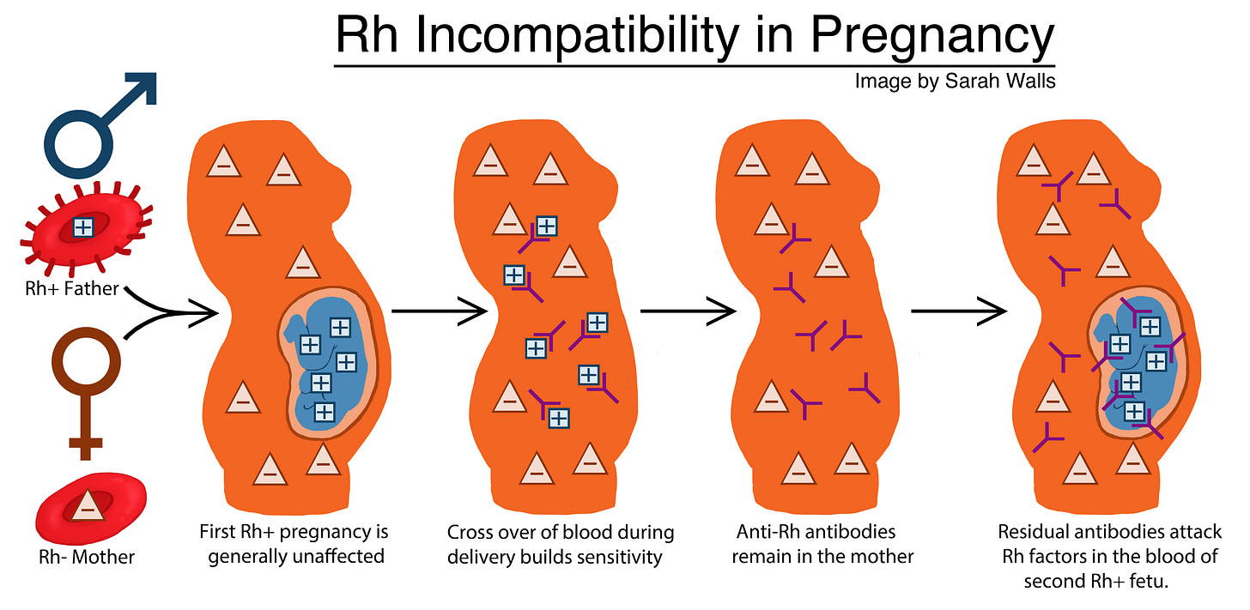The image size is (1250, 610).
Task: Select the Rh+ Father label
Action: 71,289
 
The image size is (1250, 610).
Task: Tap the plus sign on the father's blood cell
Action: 83,226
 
